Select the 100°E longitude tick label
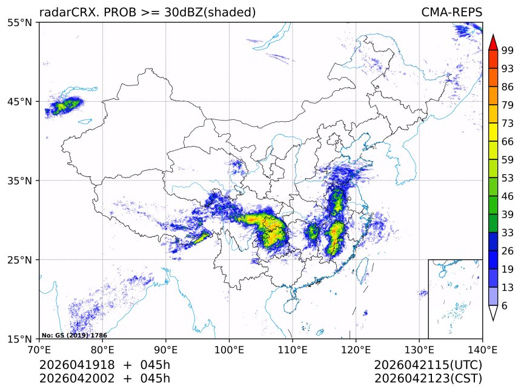229,349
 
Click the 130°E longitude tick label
419,349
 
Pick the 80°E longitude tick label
102,349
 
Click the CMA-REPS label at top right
451,12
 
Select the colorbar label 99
508,51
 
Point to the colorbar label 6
505,305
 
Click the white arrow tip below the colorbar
493,313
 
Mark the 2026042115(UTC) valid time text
428,365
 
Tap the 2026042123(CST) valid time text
428,379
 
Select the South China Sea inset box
455,299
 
